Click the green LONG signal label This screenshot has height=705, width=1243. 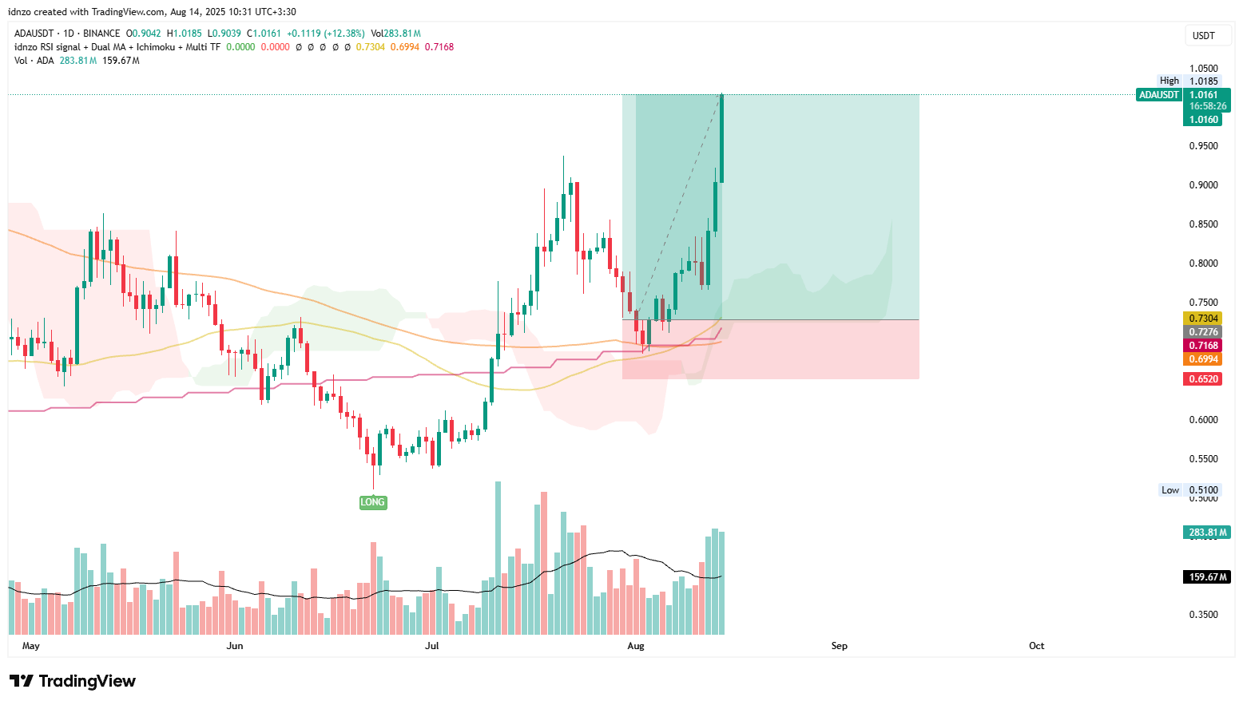[372, 502]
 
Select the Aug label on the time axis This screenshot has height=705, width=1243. [636, 646]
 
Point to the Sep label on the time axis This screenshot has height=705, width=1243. [839, 646]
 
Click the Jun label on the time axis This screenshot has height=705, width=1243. [235, 646]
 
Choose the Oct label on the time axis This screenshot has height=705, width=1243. [1036, 646]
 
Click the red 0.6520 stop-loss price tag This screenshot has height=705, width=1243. [1204, 379]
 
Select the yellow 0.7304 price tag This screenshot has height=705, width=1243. [1204, 319]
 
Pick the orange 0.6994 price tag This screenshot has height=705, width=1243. [1204, 359]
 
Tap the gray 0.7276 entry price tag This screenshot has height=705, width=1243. [1204, 332]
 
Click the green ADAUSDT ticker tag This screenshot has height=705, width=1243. [1159, 95]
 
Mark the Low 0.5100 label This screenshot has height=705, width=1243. [1189, 490]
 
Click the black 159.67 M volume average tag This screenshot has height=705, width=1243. [1207, 576]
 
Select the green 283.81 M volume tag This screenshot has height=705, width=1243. [1207, 533]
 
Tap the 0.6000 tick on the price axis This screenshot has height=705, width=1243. [1204, 420]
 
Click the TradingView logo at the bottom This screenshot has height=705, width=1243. [73, 681]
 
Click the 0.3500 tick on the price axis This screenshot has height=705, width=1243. [1204, 615]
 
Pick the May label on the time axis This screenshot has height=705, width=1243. [31, 646]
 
